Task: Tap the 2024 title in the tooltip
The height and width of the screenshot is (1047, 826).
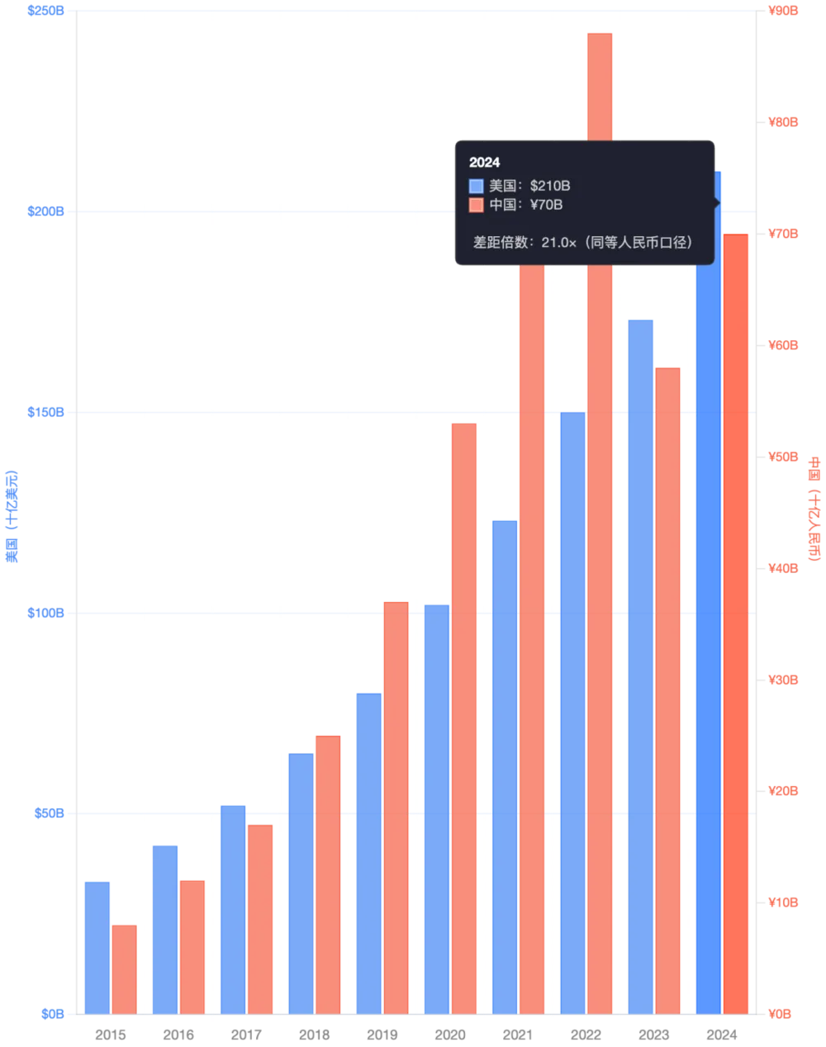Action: pyautogui.click(x=485, y=163)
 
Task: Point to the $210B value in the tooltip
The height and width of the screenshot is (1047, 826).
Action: pyautogui.click(x=550, y=186)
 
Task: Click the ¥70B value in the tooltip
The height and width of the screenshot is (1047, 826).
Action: pyautogui.click(x=546, y=205)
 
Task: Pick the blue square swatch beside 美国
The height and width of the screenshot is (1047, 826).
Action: pyautogui.click(x=476, y=186)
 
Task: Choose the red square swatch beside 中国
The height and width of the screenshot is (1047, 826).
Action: pyautogui.click(x=476, y=205)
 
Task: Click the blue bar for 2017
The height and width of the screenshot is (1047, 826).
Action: pyautogui.click(x=232, y=907)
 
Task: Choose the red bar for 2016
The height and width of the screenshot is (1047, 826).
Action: pyautogui.click(x=193, y=945)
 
